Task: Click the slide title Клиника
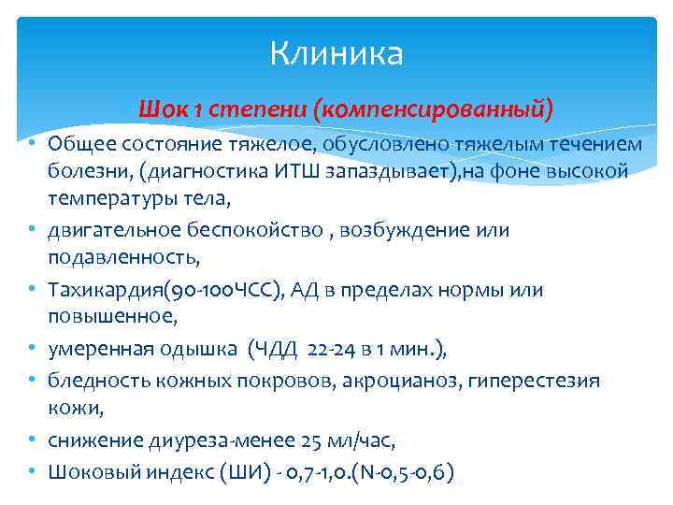click(x=336, y=53)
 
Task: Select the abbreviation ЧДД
click(x=276, y=351)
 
